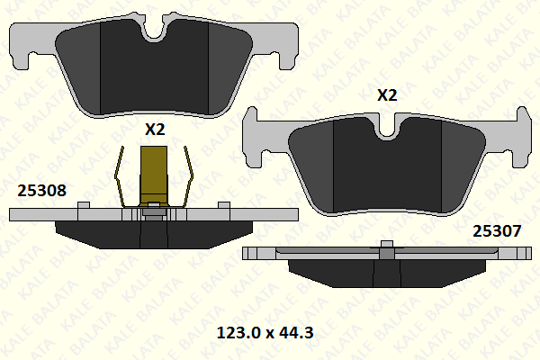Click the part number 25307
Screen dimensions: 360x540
pos(497,230)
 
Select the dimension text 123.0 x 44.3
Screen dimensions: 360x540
pos(265,333)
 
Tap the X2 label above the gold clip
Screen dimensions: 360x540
pos(156,130)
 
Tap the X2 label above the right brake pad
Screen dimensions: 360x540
pos(387,94)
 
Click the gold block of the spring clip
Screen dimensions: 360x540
pos(156,175)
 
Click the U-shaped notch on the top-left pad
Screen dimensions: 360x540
pos(155,31)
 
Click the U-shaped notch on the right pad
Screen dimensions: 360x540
pos(388,130)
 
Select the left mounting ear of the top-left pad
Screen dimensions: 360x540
pos(31,40)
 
